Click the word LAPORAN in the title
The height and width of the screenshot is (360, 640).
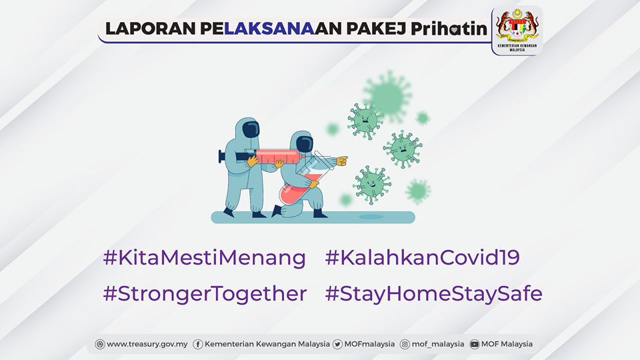click(x=151, y=29)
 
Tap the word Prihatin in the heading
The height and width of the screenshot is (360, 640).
click(x=449, y=28)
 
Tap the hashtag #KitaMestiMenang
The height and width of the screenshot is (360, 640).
click(x=205, y=257)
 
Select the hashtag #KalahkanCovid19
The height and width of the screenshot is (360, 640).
click(x=422, y=257)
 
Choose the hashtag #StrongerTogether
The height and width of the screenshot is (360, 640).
click(x=205, y=293)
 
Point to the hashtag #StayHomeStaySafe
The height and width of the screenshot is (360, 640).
click(x=433, y=293)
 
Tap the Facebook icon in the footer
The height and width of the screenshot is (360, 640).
click(x=197, y=345)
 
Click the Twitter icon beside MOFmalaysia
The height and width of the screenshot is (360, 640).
click(x=337, y=345)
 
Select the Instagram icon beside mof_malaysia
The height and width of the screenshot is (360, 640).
click(x=405, y=345)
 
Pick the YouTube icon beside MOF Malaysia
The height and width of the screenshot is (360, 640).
click(x=474, y=345)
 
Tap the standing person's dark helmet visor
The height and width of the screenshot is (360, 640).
click(x=251, y=129)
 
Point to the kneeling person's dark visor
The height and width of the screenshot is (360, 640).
click(x=305, y=144)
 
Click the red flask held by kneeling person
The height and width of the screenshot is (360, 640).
click(x=298, y=189)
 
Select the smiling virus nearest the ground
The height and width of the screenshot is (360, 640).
click(x=371, y=184)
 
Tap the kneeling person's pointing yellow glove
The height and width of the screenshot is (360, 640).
click(x=341, y=161)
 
